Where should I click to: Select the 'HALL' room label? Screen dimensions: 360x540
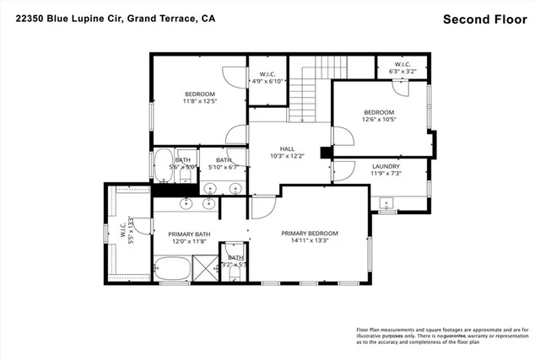click(x=287, y=148)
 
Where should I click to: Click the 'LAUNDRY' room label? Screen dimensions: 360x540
click(x=386, y=166)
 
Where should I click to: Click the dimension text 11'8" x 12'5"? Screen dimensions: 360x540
click(x=200, y=101)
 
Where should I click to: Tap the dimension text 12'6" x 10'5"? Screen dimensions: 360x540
click(x=379, y=120)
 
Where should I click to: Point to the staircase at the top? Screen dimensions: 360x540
click(x=308, y=88)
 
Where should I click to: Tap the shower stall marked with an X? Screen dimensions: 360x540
click(x=206, y=271)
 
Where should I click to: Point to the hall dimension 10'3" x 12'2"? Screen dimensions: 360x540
click(x=287, y=156)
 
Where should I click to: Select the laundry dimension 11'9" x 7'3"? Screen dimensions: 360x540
click(x=386, y=174)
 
